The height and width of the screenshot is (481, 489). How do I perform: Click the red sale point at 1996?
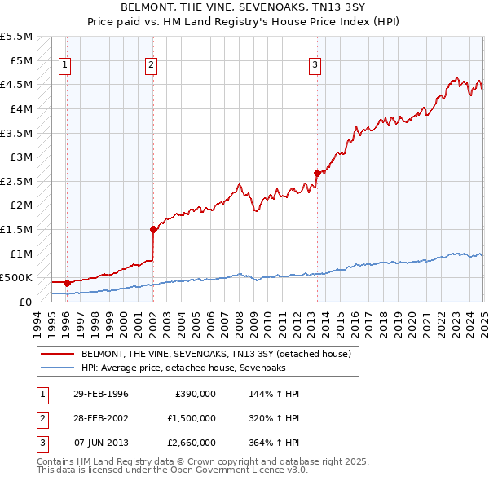(x=67, y=283)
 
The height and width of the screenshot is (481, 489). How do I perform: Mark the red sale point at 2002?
(x=152, y=229)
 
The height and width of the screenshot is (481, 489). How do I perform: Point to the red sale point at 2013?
(x=316, y=173)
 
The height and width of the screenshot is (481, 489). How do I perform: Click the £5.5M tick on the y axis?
(x=16, y=37)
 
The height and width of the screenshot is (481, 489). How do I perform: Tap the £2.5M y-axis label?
(x=16, y=181)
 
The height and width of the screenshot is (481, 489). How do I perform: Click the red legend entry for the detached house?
(x=215, y=355)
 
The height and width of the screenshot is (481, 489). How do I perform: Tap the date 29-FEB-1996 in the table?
(x=101, y=394)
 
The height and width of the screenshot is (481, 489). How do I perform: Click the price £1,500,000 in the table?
(x=191, y=418)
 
